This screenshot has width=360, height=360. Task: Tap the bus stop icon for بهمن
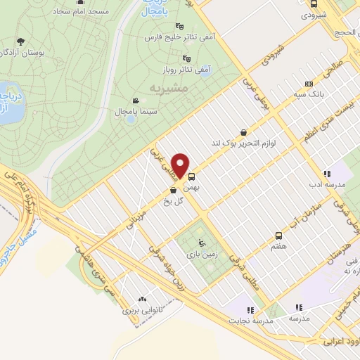coord(192,177)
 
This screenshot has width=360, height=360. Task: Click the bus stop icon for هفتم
coord(279,236)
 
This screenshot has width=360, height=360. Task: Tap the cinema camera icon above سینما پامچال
coord(135,101)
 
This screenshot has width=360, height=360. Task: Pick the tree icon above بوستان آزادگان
coord(21,41)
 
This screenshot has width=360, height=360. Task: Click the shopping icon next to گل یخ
coord(172,190)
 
